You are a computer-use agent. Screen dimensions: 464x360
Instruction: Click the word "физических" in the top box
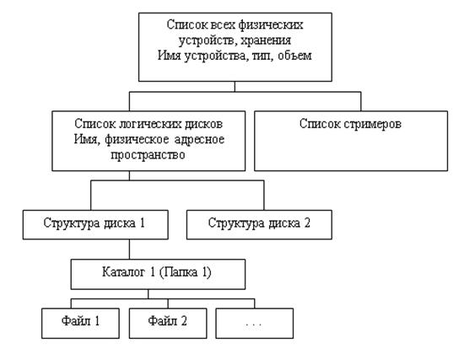click(271, 24)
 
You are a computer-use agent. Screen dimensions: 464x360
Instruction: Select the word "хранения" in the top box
click(266, 40)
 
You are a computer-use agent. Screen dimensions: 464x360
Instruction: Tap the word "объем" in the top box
click(294, 56)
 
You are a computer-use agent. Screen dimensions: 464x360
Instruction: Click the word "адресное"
click(199, 139)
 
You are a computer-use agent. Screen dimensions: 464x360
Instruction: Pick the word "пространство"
click(148, 155)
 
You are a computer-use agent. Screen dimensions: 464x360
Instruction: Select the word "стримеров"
click(373, 124)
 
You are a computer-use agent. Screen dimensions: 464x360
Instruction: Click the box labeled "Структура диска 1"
click(95, 225)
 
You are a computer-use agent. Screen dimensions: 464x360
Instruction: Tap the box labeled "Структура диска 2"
click(259, 225)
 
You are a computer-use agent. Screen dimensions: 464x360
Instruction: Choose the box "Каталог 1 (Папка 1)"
click(158, 274)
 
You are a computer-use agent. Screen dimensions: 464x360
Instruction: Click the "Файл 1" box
click(80, 323)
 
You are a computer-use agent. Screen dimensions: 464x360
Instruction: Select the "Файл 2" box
click(168, 323)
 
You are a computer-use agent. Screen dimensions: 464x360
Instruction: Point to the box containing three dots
click(255, 323)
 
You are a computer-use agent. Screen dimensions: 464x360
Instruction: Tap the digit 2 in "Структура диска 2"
click(307, 223)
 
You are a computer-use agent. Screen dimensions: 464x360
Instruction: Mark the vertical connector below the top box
click(235, 86)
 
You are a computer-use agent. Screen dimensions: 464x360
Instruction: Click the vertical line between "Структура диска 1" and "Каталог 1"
click(129, 250)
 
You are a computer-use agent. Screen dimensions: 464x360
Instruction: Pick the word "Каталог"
click(124, 272)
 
